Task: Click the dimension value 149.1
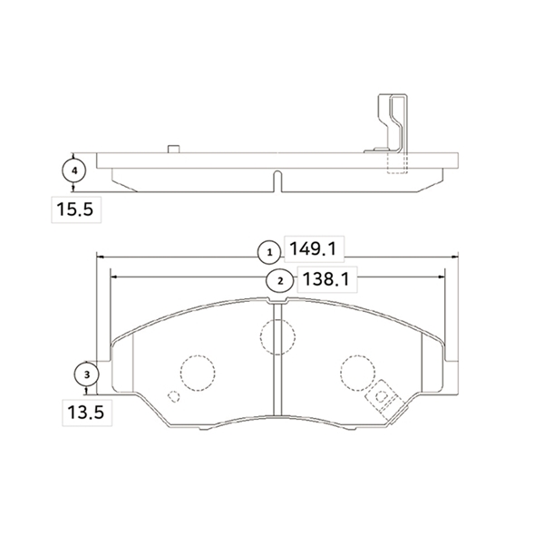[x=313, y=249]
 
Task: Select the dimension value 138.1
[x=325, y=279]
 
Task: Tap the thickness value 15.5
[x=75, y=209]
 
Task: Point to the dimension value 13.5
[x=86, y=413]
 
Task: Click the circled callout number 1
[x=269, y=253]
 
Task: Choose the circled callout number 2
[x=280, y=281]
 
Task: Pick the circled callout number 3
[x=87, y=374]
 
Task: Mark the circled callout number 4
[x=74, y=170]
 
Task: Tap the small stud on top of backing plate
[x=173, y=149]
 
